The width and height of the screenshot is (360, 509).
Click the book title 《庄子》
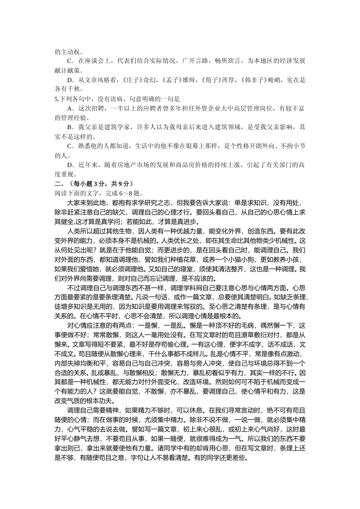pyautogui.click(x=131, y=80)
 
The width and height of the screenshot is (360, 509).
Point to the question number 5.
pyautogui.click(x=56, y=99)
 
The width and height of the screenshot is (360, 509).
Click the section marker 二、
pyautogui.click(x=58, y=184)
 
